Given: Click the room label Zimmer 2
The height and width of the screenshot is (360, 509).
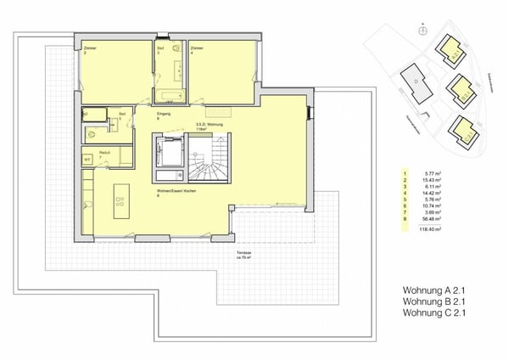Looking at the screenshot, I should click(90, 50).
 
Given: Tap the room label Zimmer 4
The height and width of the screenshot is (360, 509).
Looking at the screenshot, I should click(197, 50).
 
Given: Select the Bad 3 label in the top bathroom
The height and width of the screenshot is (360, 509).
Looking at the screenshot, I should click(159, 50).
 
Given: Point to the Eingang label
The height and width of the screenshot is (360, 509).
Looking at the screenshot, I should click(164, 113).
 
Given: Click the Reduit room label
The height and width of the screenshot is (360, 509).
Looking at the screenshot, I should click(104, 153).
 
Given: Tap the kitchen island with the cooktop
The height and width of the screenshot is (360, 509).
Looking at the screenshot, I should click(120, 200).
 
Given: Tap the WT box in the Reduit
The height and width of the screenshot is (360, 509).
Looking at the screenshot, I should click(87, 159).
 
